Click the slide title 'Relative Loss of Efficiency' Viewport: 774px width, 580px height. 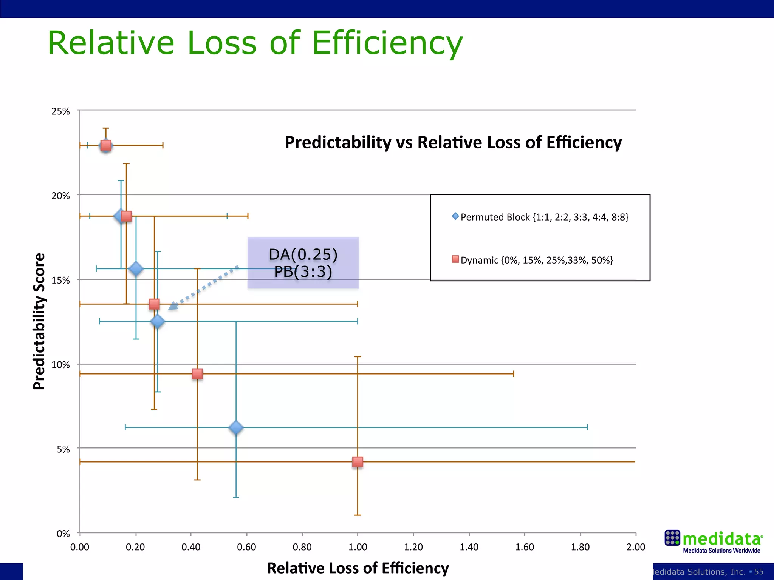(255, 43)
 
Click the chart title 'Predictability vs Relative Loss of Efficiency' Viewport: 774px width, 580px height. (453, 143)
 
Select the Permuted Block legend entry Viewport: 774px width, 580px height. (540, 217)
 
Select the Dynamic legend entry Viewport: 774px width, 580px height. (533, 260)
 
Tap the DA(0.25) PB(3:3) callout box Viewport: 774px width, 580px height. (303, 263)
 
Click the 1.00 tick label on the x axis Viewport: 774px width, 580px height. (358, 547)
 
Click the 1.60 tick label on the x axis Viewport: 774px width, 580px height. (524, 547)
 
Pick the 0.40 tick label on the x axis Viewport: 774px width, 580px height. (191, 547)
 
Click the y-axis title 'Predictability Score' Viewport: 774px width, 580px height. (39, 321)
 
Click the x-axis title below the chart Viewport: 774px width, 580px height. (358, 568)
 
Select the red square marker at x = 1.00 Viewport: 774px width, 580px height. (358, 462)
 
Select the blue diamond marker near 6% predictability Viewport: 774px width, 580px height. (236, 427)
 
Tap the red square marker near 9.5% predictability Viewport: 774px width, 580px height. (197, 374)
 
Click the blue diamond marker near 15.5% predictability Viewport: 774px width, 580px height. (136, 269)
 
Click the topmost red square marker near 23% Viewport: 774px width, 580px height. (106, 145)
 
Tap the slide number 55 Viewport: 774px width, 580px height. (759, 572)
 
